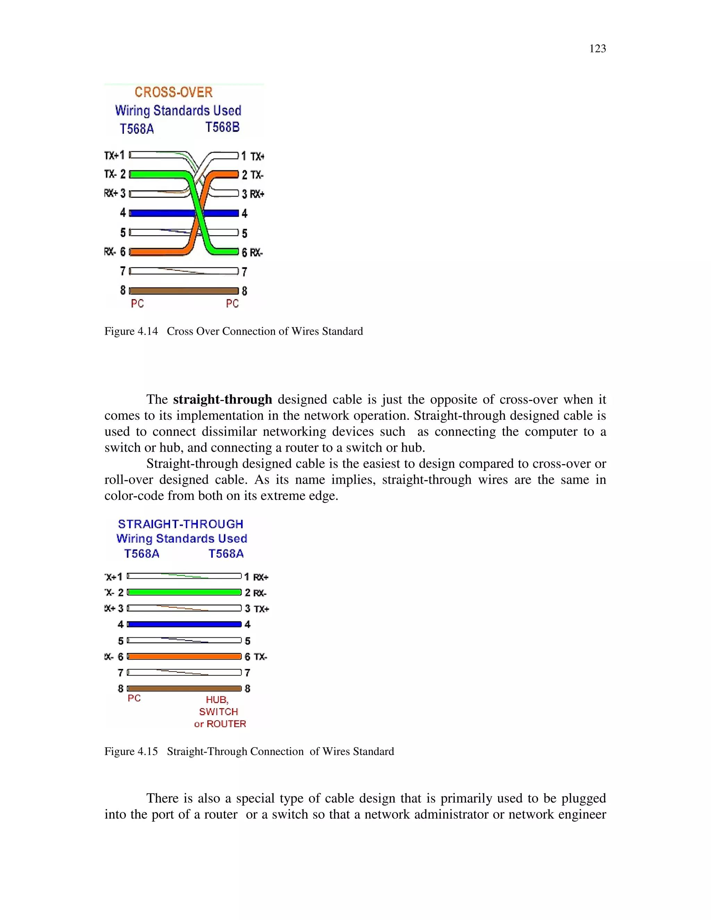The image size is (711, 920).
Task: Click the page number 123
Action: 597,49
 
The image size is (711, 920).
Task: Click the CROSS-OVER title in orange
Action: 174,92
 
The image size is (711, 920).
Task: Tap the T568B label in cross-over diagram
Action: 223,127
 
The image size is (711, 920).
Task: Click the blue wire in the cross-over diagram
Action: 160,213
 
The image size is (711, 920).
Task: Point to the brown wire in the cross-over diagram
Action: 184,291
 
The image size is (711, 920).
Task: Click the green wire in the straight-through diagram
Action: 184,592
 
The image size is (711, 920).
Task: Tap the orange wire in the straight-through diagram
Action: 184,656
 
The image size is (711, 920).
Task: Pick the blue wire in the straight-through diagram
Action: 184,624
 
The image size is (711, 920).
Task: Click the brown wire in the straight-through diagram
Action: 184,688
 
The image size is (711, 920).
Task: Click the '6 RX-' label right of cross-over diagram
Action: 252,252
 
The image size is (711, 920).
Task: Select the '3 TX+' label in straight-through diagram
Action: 257,609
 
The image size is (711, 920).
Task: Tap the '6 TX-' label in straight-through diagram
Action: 256,657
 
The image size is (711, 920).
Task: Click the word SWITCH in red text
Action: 219,712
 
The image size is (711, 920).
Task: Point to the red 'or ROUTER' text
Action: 220,724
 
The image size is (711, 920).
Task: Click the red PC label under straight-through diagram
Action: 134,699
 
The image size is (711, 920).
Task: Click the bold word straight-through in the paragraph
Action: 223,399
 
